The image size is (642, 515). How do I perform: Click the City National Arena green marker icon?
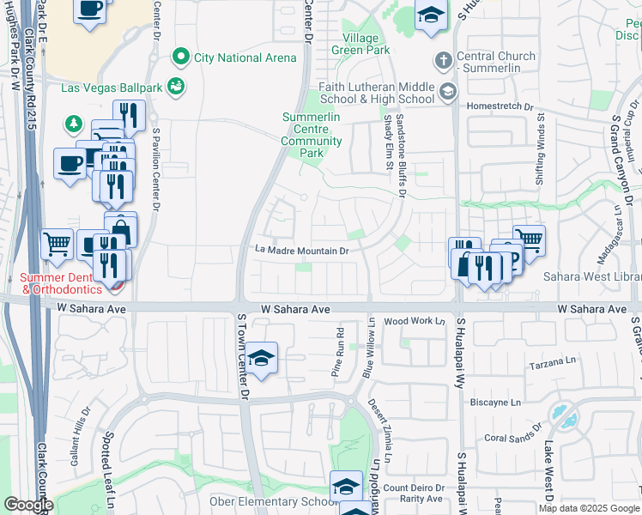[x=180, y=58]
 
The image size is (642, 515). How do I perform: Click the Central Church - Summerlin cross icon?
[x=443, y=60]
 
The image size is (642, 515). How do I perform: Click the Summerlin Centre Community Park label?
[x=311, y=135]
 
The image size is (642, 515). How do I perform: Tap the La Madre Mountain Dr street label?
[x=301, y=251]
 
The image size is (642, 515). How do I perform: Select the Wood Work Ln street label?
[x=415, y=321]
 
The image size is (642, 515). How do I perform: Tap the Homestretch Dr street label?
[x=500, y=106]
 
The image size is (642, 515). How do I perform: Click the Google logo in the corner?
[x=27, y=505]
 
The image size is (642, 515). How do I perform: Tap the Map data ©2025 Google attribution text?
[x=589, y=508]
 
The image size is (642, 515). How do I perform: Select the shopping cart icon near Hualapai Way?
[x=529, y=240]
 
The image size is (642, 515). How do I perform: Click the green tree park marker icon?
[x=75, y=124]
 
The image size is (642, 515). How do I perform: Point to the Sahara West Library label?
[x=592, y=276]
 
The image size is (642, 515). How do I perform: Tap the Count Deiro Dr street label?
[x=413, y=488]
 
